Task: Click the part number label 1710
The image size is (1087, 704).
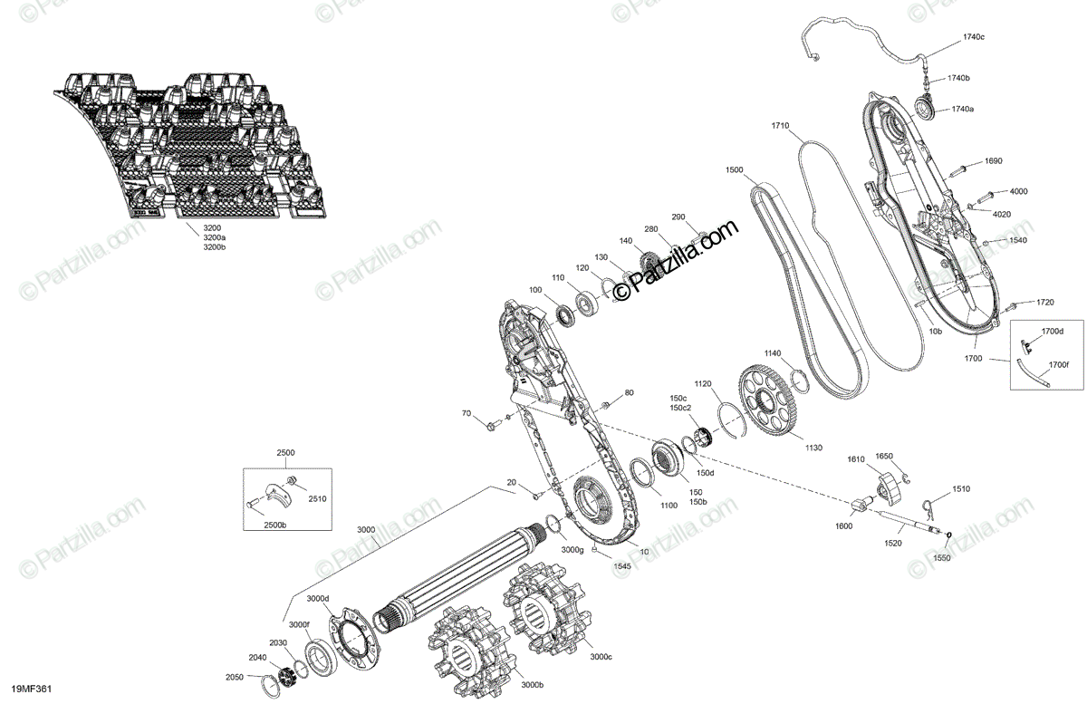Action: click(x=781, y=125)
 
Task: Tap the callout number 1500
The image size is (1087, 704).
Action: click(x=734, y=169)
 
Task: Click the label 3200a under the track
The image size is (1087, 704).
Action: click(x=214, y=236)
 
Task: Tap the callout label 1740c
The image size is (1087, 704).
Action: click(x=973, y=37)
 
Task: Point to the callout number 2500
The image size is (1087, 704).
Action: click(x=286, y=452)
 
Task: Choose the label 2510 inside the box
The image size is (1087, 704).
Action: click(x=317, y=498)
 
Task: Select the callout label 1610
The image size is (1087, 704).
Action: click(x=856, y=460)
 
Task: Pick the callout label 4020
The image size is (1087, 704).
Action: click(x=1002, y=214)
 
